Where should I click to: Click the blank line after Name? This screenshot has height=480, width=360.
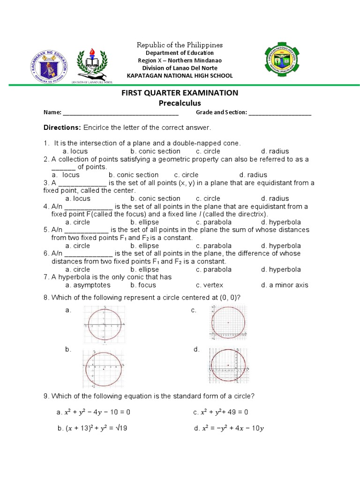pos(120,113)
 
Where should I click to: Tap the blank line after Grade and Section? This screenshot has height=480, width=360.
pos(280,113)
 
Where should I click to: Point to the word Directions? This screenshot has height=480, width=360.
pos(63,127)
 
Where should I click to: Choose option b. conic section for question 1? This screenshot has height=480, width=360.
pos(155,151)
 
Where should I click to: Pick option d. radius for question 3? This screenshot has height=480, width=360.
pos(275,199)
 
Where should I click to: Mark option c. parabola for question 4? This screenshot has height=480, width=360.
pos(214,222)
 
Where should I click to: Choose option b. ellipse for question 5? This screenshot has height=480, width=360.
pos(145,246)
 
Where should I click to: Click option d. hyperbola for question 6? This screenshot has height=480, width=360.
pos(281,270)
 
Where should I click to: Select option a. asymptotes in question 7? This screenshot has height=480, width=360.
pos(88,285)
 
